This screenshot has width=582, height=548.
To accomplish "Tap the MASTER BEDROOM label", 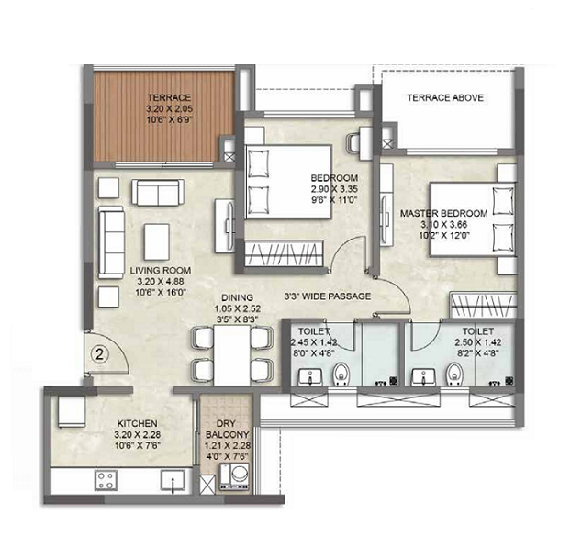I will [x=443, y=213].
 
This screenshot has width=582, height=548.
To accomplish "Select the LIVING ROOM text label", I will [x=160, y=270].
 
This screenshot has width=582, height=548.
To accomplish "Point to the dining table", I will [x=233, y=353].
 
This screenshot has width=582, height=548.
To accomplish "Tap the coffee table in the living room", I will [x=157, y=241].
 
